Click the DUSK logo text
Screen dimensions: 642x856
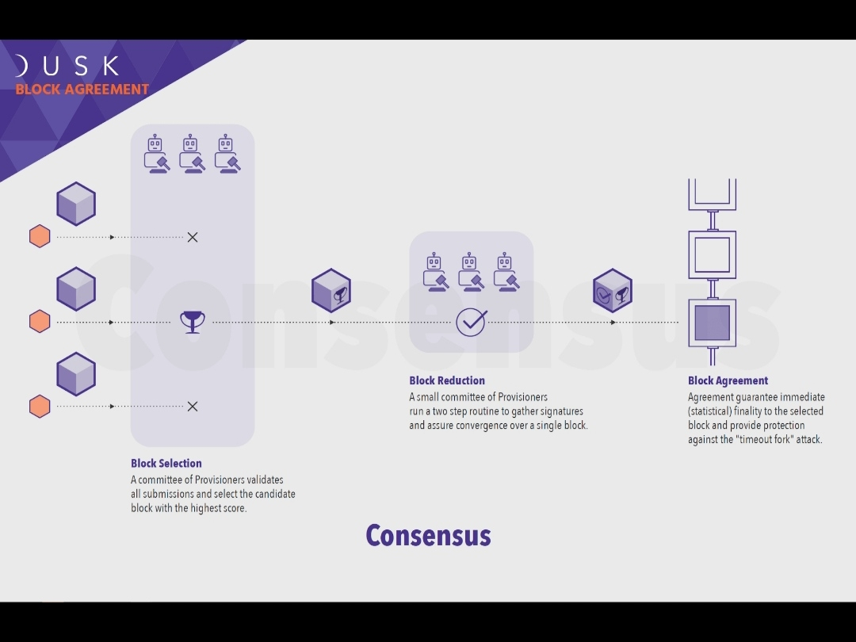click(67, 66)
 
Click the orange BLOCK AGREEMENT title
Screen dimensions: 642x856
click(82, 89)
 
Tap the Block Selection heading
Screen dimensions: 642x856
click(166, 463)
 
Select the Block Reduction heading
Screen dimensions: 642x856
click(447, 380)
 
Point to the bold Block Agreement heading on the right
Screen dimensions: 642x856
click(728, 380)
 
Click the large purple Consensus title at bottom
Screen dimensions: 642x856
click(428, 536)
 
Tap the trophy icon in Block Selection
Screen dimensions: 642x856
click(192, 322)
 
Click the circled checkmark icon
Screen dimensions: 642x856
click(471, 322)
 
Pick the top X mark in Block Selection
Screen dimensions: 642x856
click(192, 237)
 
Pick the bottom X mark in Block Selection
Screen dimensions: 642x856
click(192, 407)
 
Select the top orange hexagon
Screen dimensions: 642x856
click(40, 236)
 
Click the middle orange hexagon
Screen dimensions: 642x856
click(40, 322)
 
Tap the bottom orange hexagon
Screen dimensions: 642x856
click(40, 407)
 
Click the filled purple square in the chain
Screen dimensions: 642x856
click(712, 323)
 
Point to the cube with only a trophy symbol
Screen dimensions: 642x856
click(331, 291)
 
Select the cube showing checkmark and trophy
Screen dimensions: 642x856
click(613, 291)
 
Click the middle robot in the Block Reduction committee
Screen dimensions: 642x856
click(470, 272)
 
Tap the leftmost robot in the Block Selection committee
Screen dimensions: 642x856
click(155, 154)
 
